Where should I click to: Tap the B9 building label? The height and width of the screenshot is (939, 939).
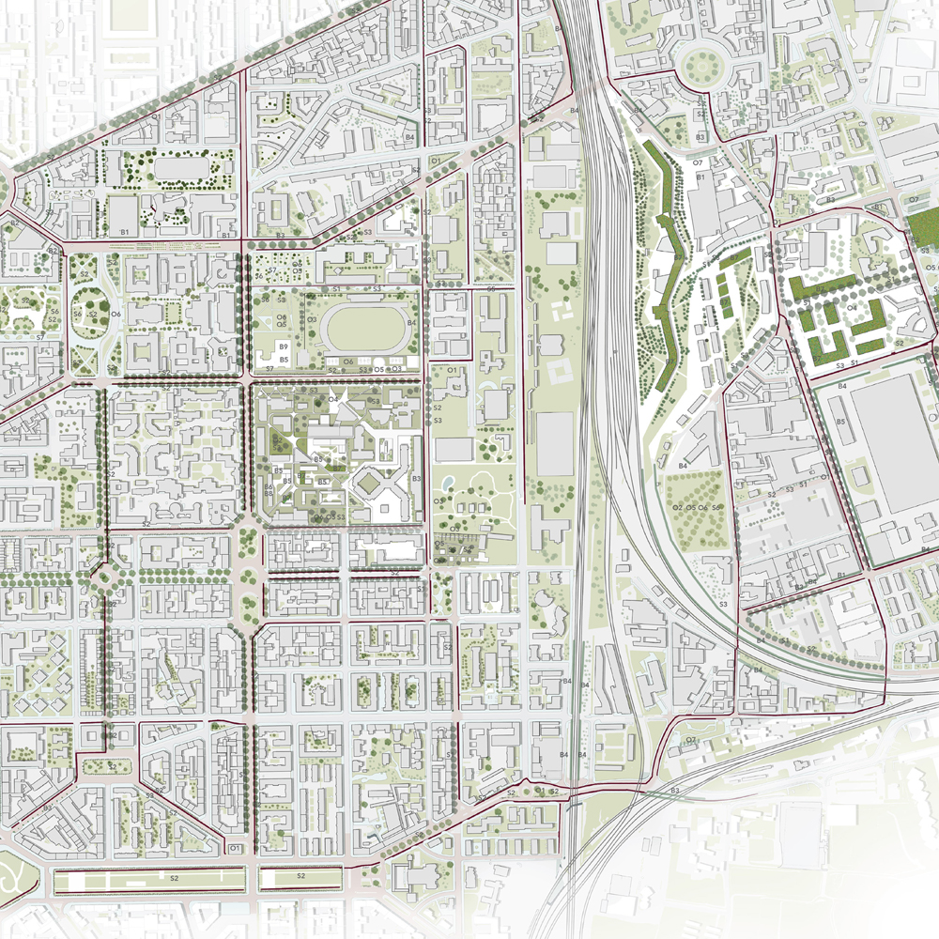[283, 347]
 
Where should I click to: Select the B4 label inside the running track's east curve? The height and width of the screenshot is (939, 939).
[410, 324]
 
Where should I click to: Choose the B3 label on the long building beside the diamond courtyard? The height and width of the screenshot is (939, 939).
[415, 480]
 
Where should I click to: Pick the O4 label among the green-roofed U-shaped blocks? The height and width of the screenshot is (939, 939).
[852, 307]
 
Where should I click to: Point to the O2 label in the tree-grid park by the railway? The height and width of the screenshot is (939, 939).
[676, 507]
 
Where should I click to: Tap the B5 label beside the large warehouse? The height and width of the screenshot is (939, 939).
[841, 423]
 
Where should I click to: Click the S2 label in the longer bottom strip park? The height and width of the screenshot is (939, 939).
[174, 876]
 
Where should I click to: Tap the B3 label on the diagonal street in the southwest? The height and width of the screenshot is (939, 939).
[47, 808]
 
